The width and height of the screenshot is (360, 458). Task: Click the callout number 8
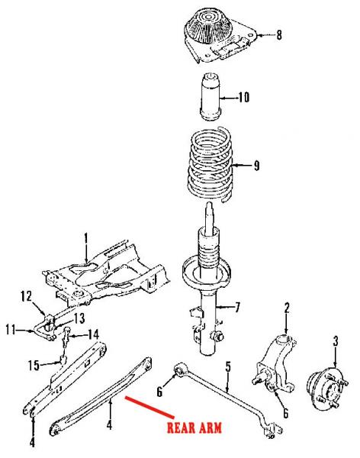[x=279, y=35]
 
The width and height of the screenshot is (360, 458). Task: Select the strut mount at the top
[x=220, y=35]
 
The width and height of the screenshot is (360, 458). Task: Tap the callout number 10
[x=243, y=97]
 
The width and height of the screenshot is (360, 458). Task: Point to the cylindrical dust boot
[x=211, y=96]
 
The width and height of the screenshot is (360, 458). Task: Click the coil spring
[x=210, y=165]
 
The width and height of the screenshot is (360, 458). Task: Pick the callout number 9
[x=256, y=166]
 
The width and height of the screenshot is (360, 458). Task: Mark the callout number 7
[x=237, y=307]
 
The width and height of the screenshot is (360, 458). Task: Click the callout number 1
[x=86, y=238]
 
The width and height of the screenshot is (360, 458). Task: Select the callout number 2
[x=287, y=308]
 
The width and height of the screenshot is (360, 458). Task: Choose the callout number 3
[x=336, y=341]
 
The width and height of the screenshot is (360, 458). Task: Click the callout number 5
[x=228, y=367]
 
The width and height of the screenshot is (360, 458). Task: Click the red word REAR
[x=181, y=427]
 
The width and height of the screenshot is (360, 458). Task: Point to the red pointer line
[x=149, y=406]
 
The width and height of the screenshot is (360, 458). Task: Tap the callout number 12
[x=26, y=296]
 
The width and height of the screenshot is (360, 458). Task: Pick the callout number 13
[x=79, y=318]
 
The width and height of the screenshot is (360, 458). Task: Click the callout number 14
[x=93, y=335]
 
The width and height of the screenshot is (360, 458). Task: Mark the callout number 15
[x=34, y=366]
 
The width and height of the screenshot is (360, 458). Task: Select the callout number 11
[x=11, y=330]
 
